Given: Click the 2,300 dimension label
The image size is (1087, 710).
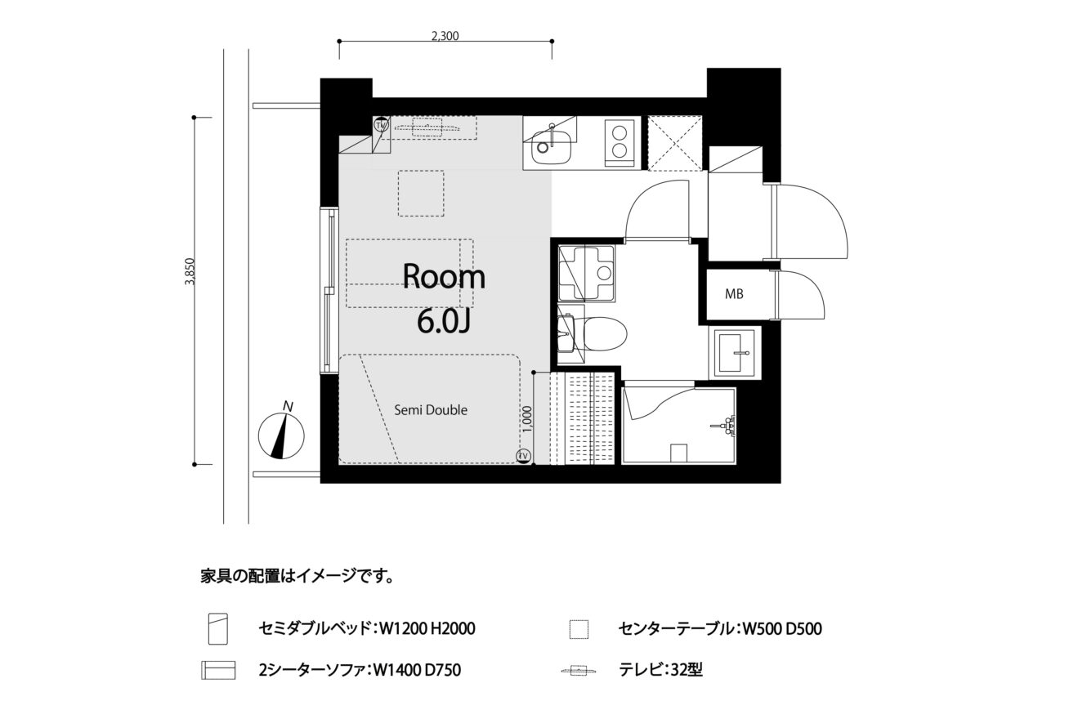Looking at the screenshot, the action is [x=445, y=36].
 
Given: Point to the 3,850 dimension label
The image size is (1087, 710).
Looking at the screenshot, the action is [x=190, y=271].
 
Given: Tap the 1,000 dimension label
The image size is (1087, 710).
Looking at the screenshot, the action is [x=528, y=418].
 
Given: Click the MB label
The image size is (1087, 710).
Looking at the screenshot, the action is [x=734, y=294].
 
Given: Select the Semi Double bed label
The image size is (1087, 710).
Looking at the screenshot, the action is [x=431, y=410].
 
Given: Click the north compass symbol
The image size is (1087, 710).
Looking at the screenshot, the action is [x=281, y=431].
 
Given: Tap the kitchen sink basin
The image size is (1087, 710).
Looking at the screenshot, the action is [x=552, y=147].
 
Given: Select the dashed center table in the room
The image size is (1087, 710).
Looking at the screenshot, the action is [x=421, y=193].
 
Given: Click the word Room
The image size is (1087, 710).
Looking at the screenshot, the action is [x=444, y=277].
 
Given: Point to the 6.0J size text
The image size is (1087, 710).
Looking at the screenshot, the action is [x=444, y=322].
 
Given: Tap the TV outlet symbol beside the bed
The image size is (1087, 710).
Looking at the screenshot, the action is [x=524, y=456].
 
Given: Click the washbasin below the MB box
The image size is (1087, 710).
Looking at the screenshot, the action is [x=735, y=353].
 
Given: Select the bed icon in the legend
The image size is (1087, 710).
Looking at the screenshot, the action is [x=218, y=629].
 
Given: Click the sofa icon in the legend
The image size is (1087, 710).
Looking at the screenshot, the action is [x=218, y=670].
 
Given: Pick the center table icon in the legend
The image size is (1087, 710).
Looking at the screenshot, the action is [x=579, y=629].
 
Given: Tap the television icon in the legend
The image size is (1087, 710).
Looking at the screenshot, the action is [x=579, y=672].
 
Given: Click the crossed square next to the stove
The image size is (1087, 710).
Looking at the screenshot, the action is [x=675, y=143].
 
